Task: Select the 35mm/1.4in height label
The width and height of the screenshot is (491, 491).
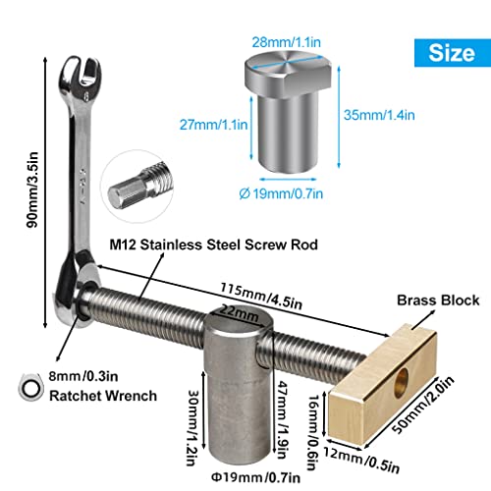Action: click(371, 115)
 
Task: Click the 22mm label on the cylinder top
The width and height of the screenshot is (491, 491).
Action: click(236, 311)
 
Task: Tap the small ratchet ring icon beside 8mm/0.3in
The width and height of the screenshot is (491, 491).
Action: click(29, 386)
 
